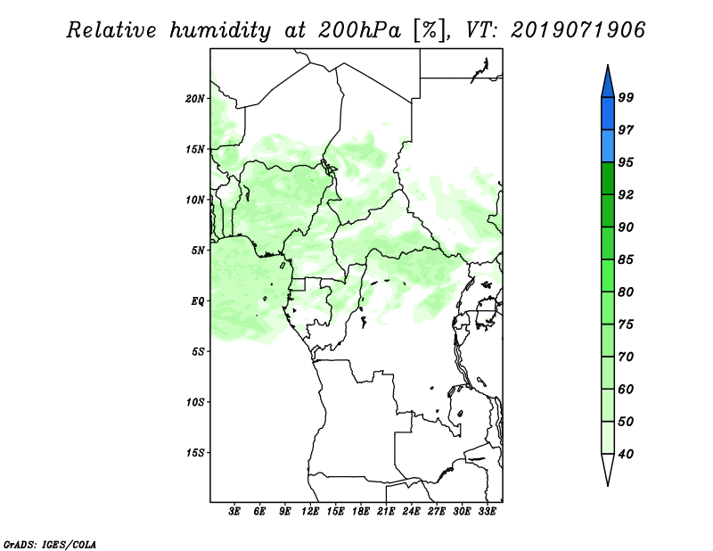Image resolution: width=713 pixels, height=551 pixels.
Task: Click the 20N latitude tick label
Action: click(196, 98)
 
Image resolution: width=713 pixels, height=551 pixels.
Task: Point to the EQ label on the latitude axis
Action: click(199, 301)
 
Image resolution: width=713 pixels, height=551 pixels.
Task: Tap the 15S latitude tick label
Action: click(196, 453)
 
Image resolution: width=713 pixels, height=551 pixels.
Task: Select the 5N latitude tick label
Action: click(199, 251)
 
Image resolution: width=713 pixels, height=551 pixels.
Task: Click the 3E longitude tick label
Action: click(234, 512)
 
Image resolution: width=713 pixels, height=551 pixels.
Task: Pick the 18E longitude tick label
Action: click(361, 512)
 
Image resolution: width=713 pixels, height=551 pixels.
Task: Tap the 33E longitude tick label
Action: click(487, 512)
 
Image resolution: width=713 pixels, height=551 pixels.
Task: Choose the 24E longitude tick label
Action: click(411, 512)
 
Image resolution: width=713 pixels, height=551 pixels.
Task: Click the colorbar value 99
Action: click(626, 98)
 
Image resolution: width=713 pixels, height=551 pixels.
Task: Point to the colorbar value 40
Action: click(626, 455)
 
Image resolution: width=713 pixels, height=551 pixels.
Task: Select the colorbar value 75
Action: click(626, 325)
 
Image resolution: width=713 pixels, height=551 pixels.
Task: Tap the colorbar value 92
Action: click(626, 195)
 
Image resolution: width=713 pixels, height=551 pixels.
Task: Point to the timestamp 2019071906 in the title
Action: click(578, 31)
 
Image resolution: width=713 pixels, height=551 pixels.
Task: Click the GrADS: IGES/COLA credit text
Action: click(50, 542)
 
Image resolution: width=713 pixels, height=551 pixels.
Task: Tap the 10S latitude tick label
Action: click(196, 402)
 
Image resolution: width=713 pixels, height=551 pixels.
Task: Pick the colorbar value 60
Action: click(626, 390)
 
